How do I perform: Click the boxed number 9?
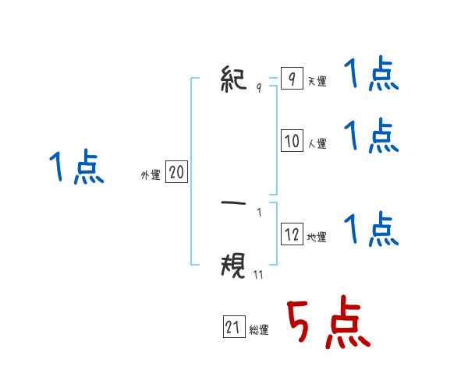(291, 79)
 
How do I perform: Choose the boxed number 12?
(292, 234)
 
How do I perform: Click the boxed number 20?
(175, 172)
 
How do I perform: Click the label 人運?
(317, 143)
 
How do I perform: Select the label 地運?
(317, 237)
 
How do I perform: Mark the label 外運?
(151, 175)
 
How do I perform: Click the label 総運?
(259, 330)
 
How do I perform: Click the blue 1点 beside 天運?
(371, 76)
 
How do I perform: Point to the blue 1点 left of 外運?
(76, 167)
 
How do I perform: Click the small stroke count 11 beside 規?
(258, 273)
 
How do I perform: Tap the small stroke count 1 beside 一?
(259, 212)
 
